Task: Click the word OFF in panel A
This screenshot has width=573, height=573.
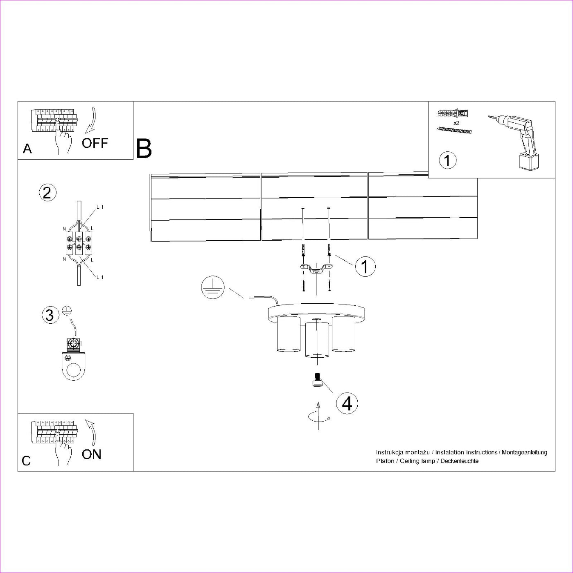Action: [95, 143]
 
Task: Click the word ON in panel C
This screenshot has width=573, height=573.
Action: [91, 454]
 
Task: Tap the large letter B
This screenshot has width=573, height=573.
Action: [144, 149]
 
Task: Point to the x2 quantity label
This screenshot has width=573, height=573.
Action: [457, 122]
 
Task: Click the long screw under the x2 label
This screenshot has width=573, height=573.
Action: [454, 130]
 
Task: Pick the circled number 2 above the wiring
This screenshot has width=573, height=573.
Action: [47, 192]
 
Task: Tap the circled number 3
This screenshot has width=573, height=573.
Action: [50, 315]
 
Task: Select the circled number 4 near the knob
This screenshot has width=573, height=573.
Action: [347, 403]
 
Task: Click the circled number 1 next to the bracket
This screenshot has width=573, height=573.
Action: [365, 266]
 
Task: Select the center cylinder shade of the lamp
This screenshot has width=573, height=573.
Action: [317, 339]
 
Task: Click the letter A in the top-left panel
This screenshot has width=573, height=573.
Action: [27, 149]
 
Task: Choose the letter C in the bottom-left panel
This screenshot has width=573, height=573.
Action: [26, 461]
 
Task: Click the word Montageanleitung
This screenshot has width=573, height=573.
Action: [524, 452]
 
